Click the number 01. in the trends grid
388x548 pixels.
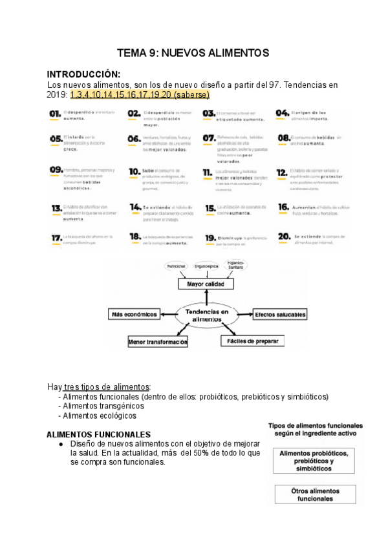click(x=54, y=114)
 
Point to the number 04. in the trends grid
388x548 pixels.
click(x=282, y=113)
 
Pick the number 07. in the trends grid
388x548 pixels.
click(x=209, y=138)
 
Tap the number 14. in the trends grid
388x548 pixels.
click(x=135, y=207)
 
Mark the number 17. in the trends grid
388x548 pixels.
click(x=56, y=238)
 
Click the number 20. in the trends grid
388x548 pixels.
click(x=283, y=237)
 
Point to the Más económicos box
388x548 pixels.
click(x=135, y=314)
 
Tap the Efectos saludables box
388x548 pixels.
click(x=279, y=314)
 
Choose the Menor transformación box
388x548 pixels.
click(x=158, y=341)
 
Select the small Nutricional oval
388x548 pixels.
click(x=177, y=266)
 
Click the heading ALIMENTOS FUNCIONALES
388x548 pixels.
click(x=99, y=434)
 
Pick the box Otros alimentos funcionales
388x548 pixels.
click(x=316, y=494)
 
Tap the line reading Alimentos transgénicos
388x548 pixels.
click(x=104, y=406)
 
